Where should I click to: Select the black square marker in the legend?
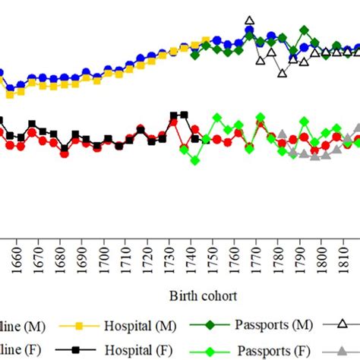click(70, 349)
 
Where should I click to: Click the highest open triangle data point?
click(250, 21)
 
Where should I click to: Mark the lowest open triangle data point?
click(283, 74)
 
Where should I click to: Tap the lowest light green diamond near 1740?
click(195, 160)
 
